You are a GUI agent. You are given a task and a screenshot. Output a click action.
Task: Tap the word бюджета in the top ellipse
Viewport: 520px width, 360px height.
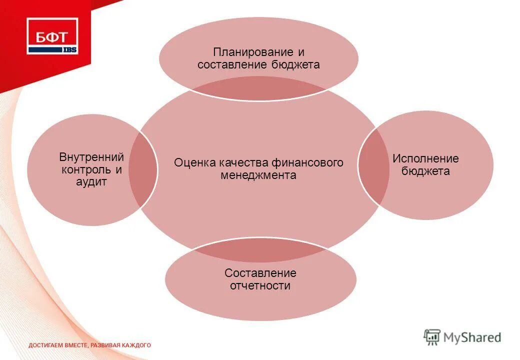296,65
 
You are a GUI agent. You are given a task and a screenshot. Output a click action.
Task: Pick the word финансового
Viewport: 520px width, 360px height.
307,163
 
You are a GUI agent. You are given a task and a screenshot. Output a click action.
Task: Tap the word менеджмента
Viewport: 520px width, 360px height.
258,175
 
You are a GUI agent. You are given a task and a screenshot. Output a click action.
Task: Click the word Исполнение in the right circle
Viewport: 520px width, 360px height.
425,159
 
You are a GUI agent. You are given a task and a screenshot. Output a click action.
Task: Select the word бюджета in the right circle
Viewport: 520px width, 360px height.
425,171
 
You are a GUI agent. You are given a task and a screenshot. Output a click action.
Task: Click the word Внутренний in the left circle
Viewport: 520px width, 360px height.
91,157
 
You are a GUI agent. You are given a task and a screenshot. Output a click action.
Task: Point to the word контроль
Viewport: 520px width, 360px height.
85,169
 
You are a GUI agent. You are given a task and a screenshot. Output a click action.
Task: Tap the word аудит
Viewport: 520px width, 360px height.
91,182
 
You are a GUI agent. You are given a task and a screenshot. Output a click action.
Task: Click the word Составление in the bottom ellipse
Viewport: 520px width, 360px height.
260,273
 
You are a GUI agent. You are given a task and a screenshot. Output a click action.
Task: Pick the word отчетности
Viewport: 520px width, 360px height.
260,286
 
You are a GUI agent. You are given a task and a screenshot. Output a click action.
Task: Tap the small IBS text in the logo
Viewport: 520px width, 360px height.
69,49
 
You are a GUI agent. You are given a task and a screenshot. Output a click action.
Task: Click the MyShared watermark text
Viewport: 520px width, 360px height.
471,337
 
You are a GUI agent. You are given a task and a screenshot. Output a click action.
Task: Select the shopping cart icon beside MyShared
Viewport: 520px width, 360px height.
432,337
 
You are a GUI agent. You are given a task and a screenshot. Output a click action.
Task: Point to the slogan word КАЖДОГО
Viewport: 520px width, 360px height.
136,345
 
